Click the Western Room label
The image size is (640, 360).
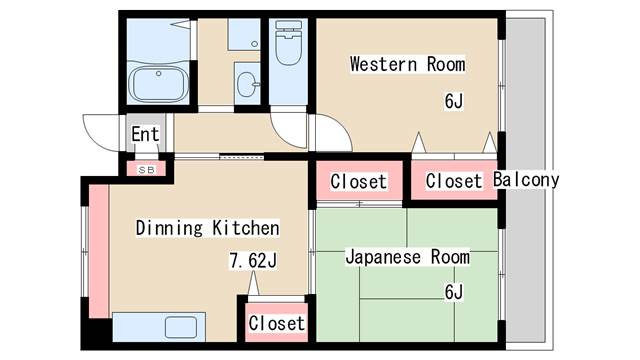407,65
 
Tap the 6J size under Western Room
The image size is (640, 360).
455,101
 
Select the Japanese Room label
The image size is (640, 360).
407,257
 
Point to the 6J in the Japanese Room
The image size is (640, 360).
455,292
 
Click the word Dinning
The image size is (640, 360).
170,228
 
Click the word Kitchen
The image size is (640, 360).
245,228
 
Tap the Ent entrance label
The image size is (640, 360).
145,134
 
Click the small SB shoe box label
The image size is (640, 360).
146,169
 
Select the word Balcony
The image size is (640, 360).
526,181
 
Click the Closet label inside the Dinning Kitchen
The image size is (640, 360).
277,324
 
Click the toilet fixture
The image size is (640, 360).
288,46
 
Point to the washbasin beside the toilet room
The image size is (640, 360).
246,83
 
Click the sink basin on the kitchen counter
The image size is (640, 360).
182,327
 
